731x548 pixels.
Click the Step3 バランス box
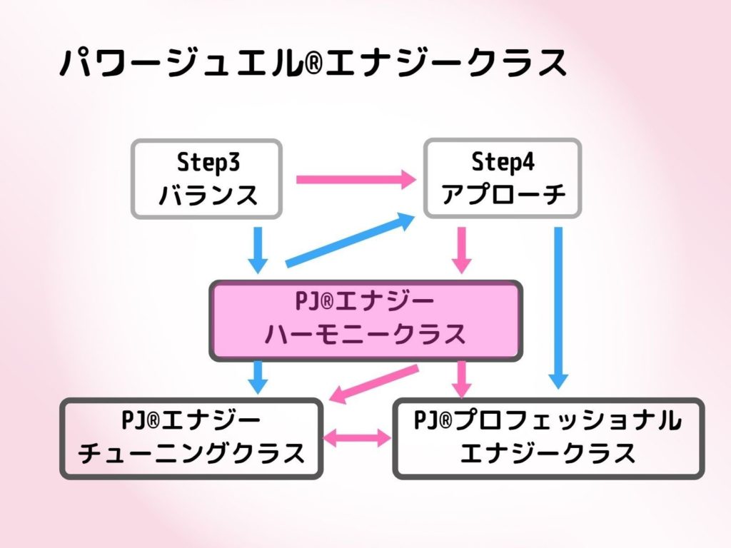tap(206, 179)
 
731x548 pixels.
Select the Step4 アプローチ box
tap(503, 178)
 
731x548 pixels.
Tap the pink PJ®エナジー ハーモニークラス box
tap(366, 320)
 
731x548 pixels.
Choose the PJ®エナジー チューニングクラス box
tap(191, 439)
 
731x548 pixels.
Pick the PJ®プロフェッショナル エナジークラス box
tap(548, 439)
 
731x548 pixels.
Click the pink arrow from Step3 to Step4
tap(356, 179)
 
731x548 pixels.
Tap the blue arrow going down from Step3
tap(258, 250)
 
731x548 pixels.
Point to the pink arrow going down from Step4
tap(462, 250)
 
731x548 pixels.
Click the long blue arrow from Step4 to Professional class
tap(558, 308)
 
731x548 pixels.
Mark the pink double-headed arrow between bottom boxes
tap(357, 438)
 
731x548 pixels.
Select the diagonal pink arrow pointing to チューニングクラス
tap(373, 384)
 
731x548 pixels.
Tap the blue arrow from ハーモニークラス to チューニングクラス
tap(258, 377)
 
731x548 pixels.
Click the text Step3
tap(208, 163)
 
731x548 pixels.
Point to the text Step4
tap(503, 162)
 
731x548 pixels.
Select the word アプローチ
tap(503, 194)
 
